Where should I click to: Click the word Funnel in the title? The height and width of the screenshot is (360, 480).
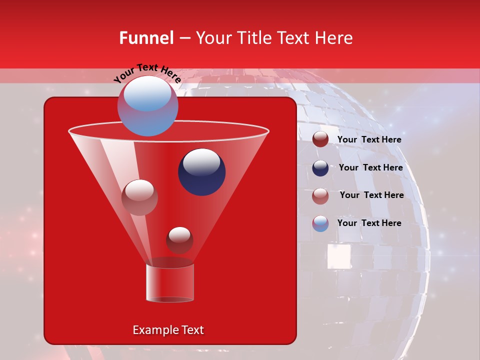(146, 38)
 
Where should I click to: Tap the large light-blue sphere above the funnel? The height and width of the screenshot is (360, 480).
(147, 105)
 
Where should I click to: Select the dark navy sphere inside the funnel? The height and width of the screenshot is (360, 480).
(201, 171)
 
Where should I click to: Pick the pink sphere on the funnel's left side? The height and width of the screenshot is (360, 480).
(139, 197)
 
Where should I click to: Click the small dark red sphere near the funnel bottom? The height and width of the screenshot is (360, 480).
(179, 240)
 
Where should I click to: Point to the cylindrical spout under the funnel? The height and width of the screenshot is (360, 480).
(169, 283)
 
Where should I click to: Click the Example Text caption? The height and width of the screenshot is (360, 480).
(168, 330)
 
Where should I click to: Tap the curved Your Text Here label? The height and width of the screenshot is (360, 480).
(147, 73)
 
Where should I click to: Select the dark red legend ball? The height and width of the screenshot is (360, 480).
(320, 139)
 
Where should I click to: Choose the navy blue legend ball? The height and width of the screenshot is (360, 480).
(320, 168)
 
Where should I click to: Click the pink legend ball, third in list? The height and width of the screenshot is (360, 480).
(320, 196)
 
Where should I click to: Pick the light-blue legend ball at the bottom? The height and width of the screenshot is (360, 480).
(320, 223)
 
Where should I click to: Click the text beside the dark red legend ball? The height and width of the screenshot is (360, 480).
(369, 139)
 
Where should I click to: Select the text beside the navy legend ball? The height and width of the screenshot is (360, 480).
(370, 167)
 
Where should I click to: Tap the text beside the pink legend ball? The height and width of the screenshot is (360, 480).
(371, 195)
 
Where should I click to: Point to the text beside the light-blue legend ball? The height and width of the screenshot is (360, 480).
(369, 223)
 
